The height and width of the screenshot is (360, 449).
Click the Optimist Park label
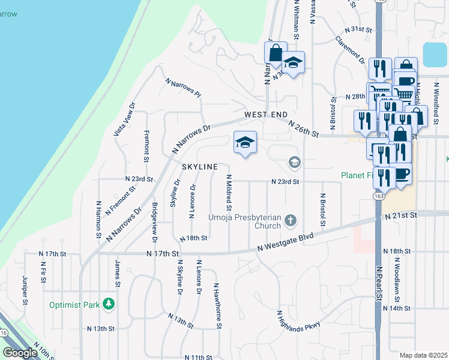pos(74,305)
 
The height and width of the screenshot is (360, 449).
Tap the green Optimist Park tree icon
pos(109,304)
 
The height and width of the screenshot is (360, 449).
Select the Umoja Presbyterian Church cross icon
pos(290,220)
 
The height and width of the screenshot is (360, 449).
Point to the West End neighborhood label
pos(266,115)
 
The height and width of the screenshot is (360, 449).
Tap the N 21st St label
pos(402,215)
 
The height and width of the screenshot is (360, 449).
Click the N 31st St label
pos(359,29)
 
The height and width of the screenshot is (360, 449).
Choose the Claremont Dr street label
pos(351,49)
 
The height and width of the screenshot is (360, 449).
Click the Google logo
pos(20,353)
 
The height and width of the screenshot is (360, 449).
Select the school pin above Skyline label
pos(245,143)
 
